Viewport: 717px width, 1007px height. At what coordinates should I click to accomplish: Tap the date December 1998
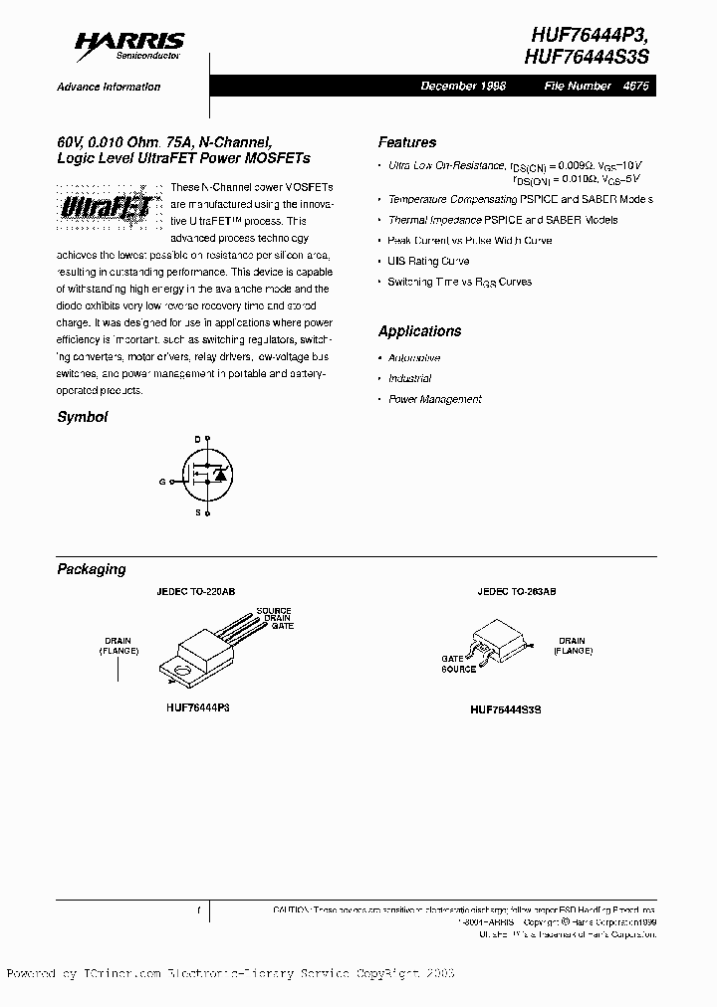coord(463,87)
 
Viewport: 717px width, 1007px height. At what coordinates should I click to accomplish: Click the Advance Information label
coord(109,88)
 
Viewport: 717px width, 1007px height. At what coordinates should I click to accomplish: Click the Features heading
coord(406,142)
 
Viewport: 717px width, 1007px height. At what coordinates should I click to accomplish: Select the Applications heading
coord(419,331)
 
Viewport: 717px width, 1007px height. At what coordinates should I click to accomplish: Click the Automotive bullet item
coord(414,357)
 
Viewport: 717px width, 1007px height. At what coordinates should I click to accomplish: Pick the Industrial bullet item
coord(409,378)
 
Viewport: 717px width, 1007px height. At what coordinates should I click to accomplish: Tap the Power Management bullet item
coord(434,399)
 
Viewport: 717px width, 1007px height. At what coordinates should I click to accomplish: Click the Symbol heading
coord(82,417)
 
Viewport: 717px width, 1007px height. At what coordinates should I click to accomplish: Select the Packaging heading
coord(91,569)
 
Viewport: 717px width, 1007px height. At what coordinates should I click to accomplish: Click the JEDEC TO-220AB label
coord(196,591)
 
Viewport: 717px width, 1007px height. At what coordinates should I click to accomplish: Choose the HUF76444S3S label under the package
coord(505,709)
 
